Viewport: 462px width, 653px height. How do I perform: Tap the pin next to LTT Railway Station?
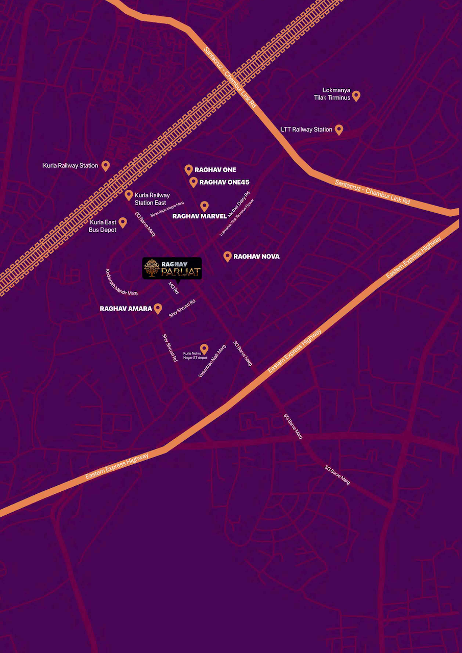[x=338, y=129]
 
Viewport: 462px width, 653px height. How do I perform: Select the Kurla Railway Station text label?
[x=70, y=166]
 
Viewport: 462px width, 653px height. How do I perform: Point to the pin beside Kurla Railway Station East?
[x=129, y=195]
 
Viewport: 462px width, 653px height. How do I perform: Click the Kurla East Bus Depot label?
[x=103, y=226]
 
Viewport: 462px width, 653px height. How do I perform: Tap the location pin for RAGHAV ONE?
[x=188, y=169]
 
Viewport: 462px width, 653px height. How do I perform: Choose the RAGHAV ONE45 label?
[x=224, y=182]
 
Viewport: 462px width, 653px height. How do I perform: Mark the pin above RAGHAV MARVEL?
[x=204, y=206]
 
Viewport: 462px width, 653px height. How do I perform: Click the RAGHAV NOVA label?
[x=256, y=257]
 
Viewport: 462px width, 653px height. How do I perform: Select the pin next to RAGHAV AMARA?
[x=158, y=308]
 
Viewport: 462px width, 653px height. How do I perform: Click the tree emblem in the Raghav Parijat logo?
[x=151, y=268]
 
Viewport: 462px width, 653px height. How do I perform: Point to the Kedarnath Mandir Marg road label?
[x=121, y=282]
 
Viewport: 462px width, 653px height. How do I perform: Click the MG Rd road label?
[x=174, y=288]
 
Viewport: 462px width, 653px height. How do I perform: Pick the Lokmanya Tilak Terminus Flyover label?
[x=237, y=216]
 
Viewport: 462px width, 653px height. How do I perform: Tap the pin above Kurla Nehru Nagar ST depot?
[x=204, y=348]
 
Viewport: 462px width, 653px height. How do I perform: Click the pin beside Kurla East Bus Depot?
[x=123, y=222]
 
